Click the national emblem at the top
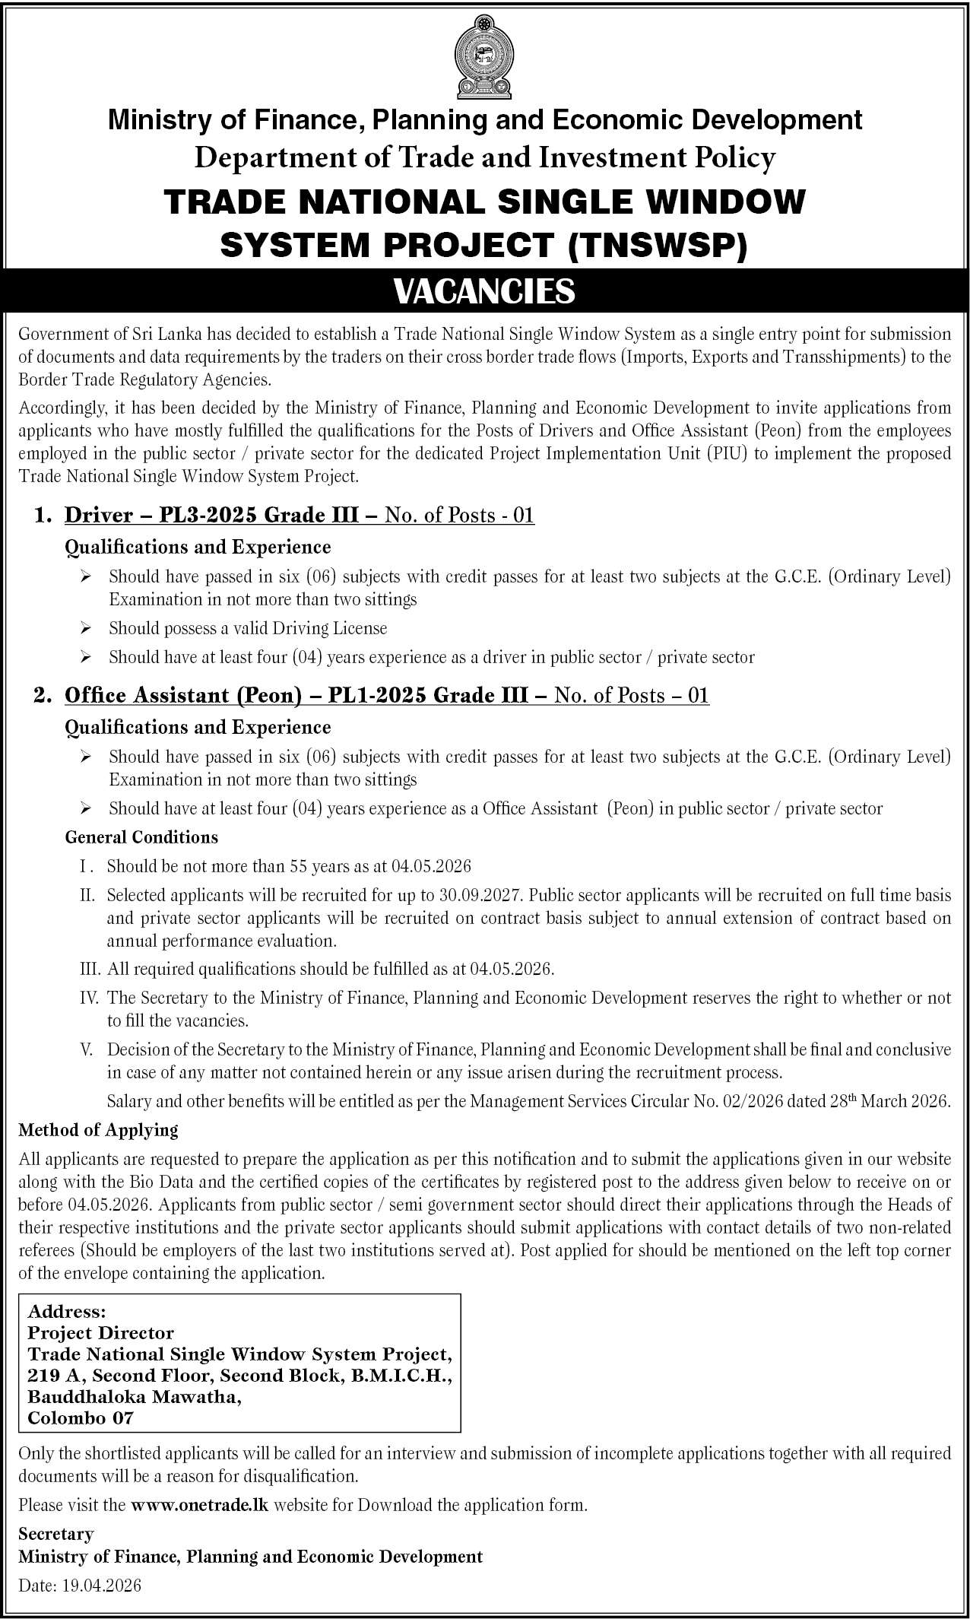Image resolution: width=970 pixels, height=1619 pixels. (484, 56)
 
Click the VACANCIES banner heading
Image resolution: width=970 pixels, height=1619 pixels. (484, 291)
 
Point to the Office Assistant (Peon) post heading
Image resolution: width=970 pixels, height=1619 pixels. (296, 695)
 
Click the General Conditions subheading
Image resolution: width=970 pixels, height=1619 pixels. (141, 837)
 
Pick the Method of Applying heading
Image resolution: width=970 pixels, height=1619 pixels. (98, 1130)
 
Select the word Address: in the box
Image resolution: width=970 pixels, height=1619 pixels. (66, 1312)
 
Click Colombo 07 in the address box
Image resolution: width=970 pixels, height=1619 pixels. (81, 1418)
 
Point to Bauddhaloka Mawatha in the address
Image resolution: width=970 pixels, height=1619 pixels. (135, 1397)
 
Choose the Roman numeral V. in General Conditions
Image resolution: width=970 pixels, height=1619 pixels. (87, 1050)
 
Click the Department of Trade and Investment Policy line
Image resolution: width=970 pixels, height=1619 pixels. (484, 158)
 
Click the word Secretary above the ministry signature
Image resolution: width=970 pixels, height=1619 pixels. (56, 1534)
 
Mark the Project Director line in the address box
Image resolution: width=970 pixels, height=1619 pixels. (100, 1333)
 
